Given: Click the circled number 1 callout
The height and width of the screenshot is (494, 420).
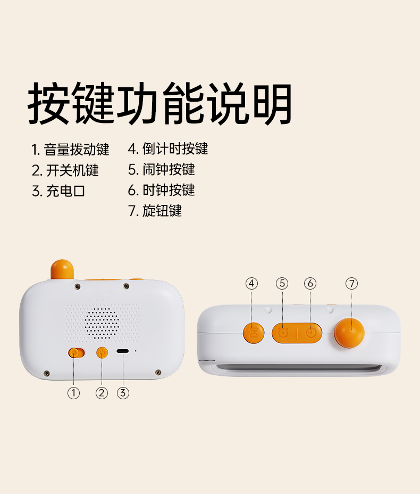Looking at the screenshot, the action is pyautogui.click(x=73, y=393).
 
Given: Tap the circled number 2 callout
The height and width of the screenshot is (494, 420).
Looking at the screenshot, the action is pyautogui.click(x=102, y=393).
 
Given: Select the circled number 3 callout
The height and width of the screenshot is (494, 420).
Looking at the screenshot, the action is pyautogui.click(x=123, y=393).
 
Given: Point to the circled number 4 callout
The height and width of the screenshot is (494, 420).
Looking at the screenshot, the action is pyautogui.click(x=251, y=284).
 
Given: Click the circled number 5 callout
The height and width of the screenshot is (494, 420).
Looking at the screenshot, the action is pyautogui.click(x=282, y=284).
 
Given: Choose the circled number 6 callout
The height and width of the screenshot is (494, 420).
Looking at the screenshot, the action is pyautogui.click(x=310, y=284).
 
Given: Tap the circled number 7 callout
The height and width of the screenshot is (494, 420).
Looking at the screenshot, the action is pyautogui.click(x=352, y=284).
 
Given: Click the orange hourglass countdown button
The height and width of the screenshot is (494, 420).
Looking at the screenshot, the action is pyautogui.click(x=254, y=333).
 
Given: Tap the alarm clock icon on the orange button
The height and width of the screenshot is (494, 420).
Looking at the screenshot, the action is pyautogui.click(x=283, y=333).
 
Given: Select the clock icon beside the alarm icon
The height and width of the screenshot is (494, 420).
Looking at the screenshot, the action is pyautogui.click(x=310, y=333).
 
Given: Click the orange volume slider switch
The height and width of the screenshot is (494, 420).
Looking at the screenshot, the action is pyautogui.click(x=77, y=353).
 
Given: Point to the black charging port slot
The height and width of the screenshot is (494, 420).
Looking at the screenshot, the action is pyautogui.click(x=122, y=351).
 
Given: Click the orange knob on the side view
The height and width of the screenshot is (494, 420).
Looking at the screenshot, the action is pyautogui.click(x=349, y=333).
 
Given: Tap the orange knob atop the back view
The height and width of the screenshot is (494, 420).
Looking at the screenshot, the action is pyautogui.click(x=62, y=270).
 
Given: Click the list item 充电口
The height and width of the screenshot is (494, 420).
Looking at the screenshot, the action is pyautogui.click(x=59, y=191).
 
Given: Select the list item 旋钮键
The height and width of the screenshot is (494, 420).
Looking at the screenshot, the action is pyautogui.click(x=155, y=211).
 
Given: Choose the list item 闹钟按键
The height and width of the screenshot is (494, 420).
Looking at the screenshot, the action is pyautogui.click(x=162, y=169).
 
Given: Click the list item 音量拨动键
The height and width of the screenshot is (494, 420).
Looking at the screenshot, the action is pyautogui.click(x=70, y=150).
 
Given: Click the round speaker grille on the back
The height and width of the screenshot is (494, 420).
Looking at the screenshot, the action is pyautogui.click(x=102, y=323).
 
